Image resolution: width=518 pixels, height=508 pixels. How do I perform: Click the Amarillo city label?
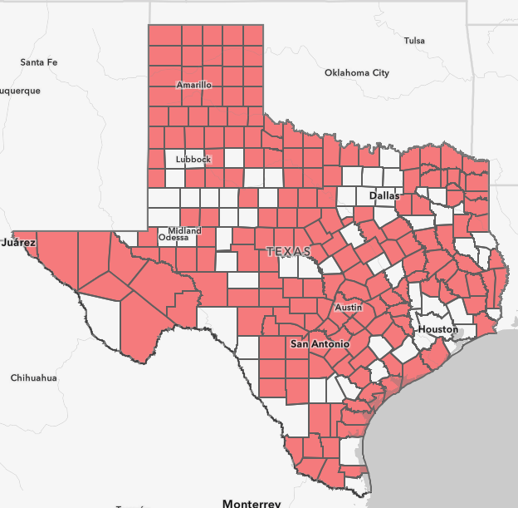[194, 85]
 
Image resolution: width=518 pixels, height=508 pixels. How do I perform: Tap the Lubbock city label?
[193, 159]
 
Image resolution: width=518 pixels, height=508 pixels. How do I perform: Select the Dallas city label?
[384, 195]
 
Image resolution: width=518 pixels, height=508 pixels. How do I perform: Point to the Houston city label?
[437, 329]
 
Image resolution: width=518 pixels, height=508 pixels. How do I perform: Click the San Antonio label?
[320, 343]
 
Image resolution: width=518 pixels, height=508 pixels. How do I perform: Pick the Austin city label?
[348, 308]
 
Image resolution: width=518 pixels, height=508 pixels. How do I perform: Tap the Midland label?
[184, 230]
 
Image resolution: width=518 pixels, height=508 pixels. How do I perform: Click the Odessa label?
[173, 238]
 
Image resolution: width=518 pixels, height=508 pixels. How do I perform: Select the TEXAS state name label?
[288, 250]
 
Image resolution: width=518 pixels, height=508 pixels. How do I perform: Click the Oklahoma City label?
[356, 73]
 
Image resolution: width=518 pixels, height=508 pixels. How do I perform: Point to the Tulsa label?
[413, 41]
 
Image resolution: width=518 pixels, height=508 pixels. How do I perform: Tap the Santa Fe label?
[39, 62]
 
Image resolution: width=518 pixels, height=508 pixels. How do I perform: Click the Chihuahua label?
[33, 377]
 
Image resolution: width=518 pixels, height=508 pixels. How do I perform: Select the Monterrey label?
[252, 502]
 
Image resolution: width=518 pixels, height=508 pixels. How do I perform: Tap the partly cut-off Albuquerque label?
[18, 91]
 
